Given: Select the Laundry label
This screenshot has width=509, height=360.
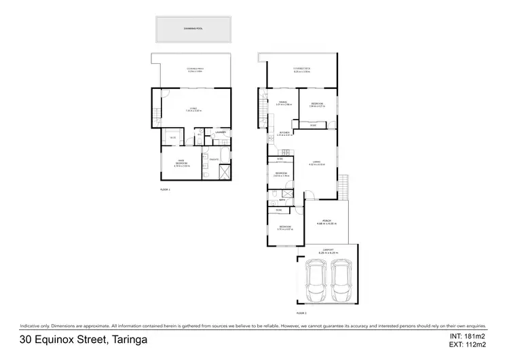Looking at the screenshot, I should [x=220, y=132].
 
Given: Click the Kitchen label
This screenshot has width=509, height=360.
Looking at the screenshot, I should [x=284, y=132].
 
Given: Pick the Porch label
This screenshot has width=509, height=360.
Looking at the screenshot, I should [x=326, y=221].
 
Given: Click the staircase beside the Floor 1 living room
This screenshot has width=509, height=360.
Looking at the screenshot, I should [x=157, y=115].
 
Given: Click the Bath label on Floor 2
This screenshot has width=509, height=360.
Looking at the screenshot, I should [x=281, y=201].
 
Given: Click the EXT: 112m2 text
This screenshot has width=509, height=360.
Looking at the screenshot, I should [x=468, y=344].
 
